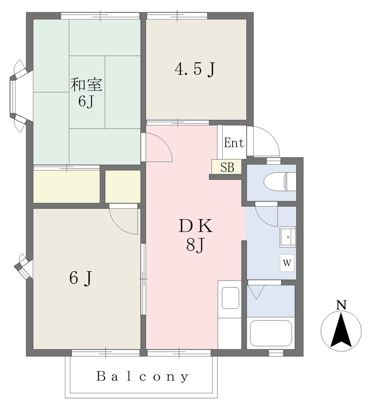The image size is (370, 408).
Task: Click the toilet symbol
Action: tap(280, 181)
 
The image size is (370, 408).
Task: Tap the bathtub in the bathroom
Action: tap(271, 333)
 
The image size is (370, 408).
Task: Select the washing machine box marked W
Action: tap(287, 263)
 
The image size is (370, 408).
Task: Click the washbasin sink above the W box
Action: tap(288, 237)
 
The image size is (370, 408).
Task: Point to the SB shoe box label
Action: tap(227, 167)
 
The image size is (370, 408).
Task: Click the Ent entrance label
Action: tap(234, 143)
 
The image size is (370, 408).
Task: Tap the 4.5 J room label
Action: tap(195, 69)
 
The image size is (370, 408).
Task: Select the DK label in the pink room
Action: tap(196, 226)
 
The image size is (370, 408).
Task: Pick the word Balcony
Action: tap(143, 376)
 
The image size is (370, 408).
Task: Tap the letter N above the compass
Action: tap(341, 305)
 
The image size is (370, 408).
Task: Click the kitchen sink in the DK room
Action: tap(230, 298)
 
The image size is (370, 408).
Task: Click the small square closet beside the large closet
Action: tap(123, 186)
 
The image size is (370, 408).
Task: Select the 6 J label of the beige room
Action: tap(80, 278)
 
